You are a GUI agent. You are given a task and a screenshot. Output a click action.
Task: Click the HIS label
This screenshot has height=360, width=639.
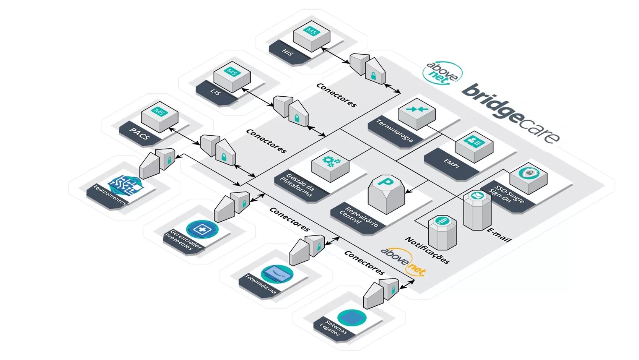tap(287, 52)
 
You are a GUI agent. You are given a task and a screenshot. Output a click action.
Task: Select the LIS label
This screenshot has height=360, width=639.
tap(216, 92)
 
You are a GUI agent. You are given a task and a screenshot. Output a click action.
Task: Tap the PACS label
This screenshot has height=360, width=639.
tap(139, 134)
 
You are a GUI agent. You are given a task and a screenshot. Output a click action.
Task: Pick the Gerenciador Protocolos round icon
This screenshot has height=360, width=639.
tap(202, 229)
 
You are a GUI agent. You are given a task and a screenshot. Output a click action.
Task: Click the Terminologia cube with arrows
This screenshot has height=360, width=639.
tap(416, 112)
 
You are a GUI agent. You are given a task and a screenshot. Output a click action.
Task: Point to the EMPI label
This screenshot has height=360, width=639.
tap(451, 164)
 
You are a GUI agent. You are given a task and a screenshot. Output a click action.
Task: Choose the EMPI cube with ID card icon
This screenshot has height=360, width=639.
tap(474, 146)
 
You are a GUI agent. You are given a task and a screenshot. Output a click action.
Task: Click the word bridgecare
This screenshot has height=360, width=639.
tap(511, 113)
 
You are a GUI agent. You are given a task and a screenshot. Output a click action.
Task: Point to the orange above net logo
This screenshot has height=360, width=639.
tap(403, 261)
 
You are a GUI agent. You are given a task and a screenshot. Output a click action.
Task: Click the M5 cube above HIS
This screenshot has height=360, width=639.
tap(311, 36)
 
